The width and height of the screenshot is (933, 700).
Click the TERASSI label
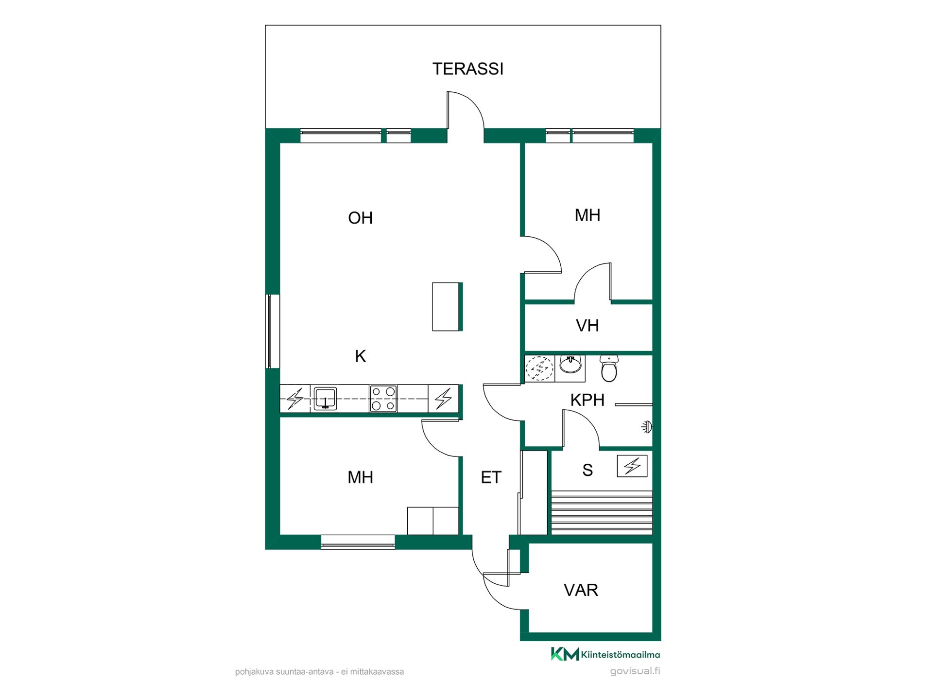[x=467, y=69]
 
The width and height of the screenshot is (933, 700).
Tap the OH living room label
[x=360, y=218]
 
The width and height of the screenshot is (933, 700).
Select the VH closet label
[x=587, y=325]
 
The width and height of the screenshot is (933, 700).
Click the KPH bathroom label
[x=587, y=400]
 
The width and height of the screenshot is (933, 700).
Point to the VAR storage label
[x=581, y=590]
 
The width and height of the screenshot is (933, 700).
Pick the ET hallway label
[x=491, y=477]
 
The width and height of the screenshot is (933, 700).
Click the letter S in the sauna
[x=587, y=470]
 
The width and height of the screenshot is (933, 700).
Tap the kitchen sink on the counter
[x=325, y=399]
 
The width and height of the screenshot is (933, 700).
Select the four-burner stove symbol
[x=383, y=399]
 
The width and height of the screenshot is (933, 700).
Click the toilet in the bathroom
[x=609, y=368]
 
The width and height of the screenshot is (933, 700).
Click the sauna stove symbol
[x=632, y=466]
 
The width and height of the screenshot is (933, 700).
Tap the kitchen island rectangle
[x=447, y=307]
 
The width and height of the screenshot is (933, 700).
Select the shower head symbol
[x=647, y=427]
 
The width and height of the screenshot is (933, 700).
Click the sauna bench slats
[x=602, y=513]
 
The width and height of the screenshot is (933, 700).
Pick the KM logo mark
[x=565, y=654]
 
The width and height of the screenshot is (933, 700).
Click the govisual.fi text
[x=635, y=671]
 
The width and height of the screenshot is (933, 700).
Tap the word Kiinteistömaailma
[x=621, y=655]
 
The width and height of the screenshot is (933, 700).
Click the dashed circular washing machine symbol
[x=539, y=368]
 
